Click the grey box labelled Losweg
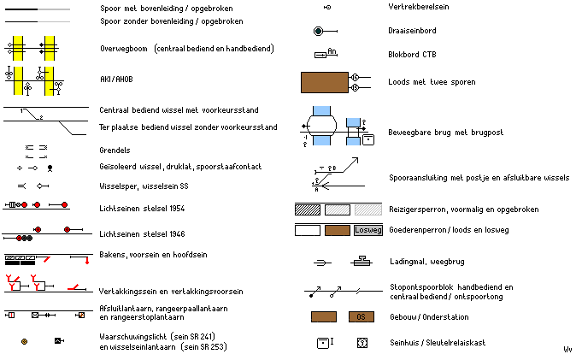pos(369,230)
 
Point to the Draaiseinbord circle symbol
pos(318,31)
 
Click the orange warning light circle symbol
pos(24,341)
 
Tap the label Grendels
pos(115,150)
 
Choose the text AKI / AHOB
pos(117,79)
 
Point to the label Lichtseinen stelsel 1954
pos(142,208)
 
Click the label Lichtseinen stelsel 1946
pos(142,233)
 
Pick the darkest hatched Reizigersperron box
pos(307,209)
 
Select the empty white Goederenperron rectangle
pos(307,230)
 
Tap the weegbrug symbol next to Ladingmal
pos(362,261)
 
